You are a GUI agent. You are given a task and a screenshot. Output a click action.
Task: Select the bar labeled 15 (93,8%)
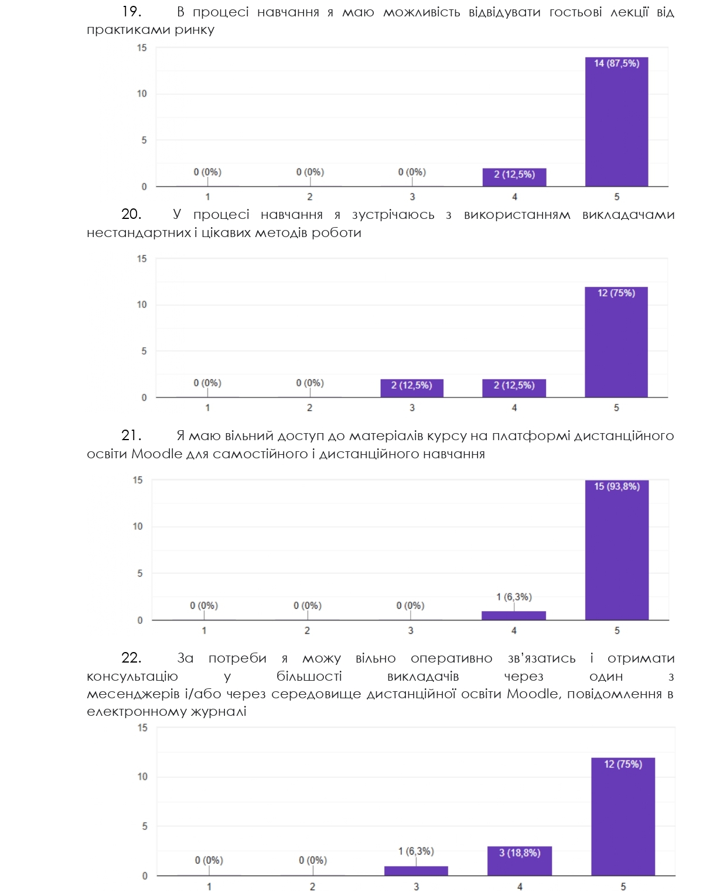(616, 550)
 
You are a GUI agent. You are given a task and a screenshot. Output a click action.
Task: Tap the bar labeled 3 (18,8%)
(519, 860)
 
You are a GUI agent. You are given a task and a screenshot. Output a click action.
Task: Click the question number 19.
(131, 12)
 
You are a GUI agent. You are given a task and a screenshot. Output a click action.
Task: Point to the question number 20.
(131, 215)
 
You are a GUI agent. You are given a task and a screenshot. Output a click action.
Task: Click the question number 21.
(131, 435)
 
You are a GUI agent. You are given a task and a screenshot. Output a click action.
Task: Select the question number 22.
(131, 658)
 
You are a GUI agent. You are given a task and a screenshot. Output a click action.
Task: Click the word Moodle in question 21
(156, 454)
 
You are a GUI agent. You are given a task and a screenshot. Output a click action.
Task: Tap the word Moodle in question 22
(532, 694)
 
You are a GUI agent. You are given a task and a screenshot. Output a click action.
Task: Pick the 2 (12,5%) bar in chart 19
(514, 177)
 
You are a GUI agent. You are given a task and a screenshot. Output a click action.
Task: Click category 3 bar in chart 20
(411, 387)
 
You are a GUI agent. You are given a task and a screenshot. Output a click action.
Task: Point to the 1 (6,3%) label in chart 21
(514, 597)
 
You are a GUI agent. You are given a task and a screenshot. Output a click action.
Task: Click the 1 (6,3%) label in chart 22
(416, 851)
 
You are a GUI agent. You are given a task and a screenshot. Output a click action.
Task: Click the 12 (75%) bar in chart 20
(616, 342)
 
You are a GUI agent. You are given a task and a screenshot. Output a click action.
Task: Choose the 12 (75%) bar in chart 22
(623, 816)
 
